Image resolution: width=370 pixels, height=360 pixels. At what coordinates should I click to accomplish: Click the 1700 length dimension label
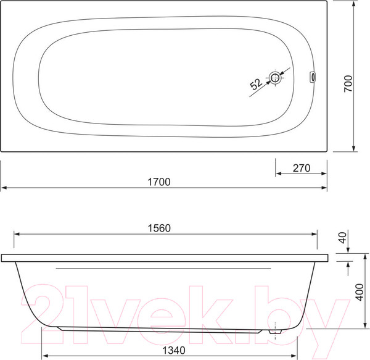[x=159, y=182]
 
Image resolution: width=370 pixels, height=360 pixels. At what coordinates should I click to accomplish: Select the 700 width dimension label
[x=348, y=83]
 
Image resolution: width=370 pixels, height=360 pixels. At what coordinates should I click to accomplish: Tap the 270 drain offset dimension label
[x=302, y=168]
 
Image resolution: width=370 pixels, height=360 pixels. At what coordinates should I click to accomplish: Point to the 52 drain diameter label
[x=256, y=84]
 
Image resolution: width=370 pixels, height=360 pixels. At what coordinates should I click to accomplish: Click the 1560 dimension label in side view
[x=159, y=228]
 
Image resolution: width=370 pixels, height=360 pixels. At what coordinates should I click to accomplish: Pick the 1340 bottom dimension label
[x=174, y=350]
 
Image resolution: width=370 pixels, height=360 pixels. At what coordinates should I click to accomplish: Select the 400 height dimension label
[x=360, y=292]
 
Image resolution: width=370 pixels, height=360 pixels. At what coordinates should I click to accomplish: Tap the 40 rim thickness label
[x=343, y=238]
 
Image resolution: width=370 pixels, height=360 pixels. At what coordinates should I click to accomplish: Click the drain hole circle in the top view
[x=275, y=77]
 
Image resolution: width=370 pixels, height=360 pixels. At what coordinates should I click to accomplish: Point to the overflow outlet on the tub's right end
[x=313, y=77]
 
